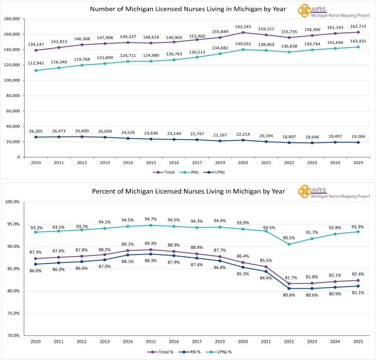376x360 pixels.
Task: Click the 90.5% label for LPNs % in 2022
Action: point(288,238)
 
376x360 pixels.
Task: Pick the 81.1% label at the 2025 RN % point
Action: point(358,293)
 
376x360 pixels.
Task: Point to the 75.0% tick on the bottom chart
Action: point(13,313)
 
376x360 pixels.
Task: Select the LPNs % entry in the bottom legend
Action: point(221,352)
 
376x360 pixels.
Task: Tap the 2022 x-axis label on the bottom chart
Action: point(288,342)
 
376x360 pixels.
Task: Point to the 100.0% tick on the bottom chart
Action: point(13,202)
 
